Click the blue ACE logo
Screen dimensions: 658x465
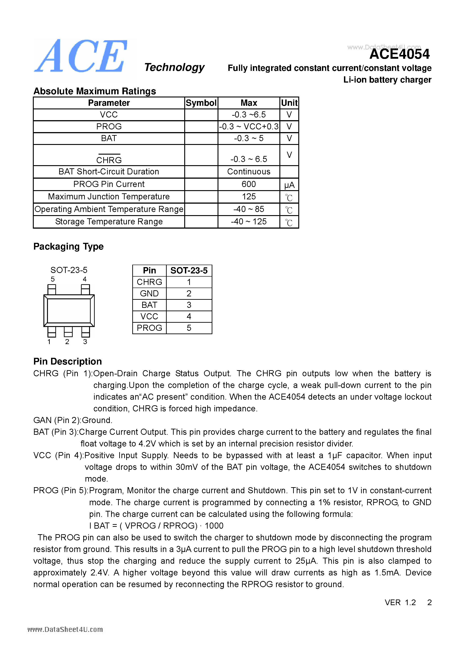[x=81, y=56]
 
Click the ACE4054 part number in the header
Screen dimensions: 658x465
[x=399, y=54]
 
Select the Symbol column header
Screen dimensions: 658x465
[x=201, y=103]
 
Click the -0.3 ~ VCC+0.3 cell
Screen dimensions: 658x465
[x=248, y=126]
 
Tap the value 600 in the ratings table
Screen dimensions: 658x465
[x=248, y=184]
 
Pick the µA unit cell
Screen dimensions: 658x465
[x=289, y=185]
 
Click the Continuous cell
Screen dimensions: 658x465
[x=248, y=172]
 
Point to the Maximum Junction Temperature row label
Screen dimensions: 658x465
[x=109, y=197]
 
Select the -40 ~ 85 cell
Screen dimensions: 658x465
[x=248, y=209]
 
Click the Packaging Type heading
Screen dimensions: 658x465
[x=68, y=246]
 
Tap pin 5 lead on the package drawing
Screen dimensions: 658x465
[x=52, y=289]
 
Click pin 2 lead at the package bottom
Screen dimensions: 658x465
[x=68, y=332]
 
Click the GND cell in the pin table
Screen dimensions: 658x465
[x=149, y=293]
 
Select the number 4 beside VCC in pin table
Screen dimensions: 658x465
[x=189, y=316]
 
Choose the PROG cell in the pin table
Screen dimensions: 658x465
[x=149, y=328]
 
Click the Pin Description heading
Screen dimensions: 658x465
[x=68, y=361]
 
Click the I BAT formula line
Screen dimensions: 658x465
[x=156, y=526]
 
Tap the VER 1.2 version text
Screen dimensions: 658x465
[x=400, y=602]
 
